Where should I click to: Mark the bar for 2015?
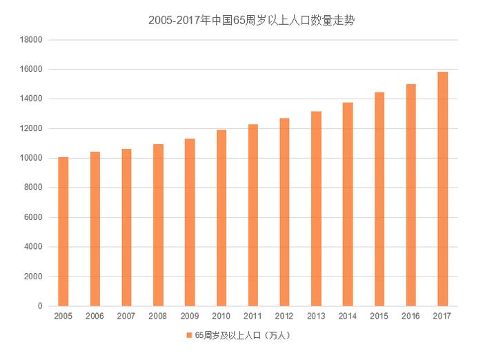point(379,199)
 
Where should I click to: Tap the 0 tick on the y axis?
point(40,306)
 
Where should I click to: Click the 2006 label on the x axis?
point(95,316)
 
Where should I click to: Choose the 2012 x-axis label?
point(284,316)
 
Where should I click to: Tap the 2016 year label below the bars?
point(411,316)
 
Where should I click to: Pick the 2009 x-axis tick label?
point(190,316)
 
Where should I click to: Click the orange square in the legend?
point(188,336)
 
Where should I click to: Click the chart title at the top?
point(246,20)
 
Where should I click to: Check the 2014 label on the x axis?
point(348,316)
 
